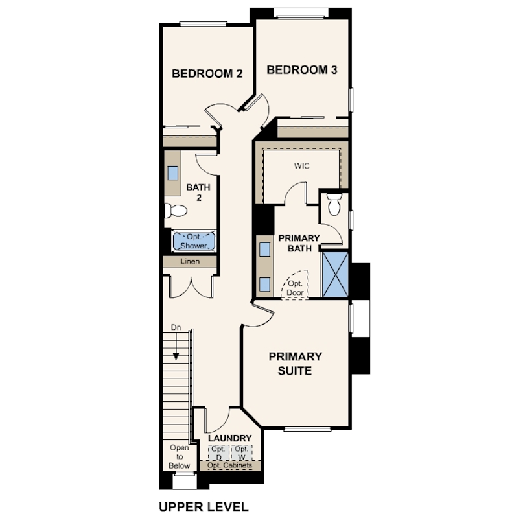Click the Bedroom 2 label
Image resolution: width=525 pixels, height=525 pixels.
[x=207, y=73]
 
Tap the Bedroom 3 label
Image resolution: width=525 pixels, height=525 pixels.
[x=301, y=69]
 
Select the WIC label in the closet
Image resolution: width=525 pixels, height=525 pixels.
[x=301, y=166]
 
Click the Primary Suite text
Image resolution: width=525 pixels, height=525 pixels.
[x=296, y=364]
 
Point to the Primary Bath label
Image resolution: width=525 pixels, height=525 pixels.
[x=299, y=243]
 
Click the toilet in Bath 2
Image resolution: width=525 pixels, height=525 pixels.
[x=176, y=211]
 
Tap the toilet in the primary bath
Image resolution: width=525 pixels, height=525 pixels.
[x=334, y=204]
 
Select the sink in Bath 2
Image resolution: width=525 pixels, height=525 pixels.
[x=173, y=173]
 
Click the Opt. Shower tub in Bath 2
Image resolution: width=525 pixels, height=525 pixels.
[x=194, y=241]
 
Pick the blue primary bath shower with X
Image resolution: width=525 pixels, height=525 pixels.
[x=335, y=275]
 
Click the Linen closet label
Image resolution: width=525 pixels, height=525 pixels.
[x=190, y=261]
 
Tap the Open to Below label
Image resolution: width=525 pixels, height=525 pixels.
[x=180, y=456]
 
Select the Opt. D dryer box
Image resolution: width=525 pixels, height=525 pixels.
[x=218, y=452]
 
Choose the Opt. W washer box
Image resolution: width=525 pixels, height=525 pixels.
[x=241, y=452]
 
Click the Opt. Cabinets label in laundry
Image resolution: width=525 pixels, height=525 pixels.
[x=229, y=465]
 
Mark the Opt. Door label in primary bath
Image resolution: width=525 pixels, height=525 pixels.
[x=295, y=288]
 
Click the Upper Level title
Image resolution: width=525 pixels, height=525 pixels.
[x=204, y=507]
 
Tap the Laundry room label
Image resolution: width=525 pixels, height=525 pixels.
[x=229, y=438]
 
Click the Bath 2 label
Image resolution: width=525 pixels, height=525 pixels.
[x=198, y=192]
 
